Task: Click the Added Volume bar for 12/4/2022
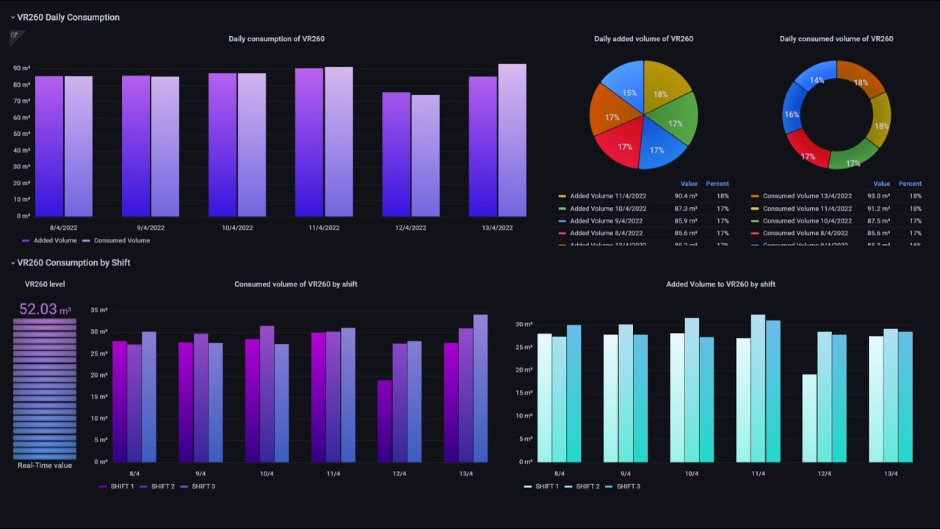[x=396, y=154]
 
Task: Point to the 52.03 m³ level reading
[x=45, y=309]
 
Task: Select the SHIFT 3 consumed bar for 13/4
[x=480, y=389]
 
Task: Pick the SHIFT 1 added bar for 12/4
[x=809, y=418]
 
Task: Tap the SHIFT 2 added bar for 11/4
[x=758, y=389]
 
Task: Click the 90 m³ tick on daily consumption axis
[x=21, y=68]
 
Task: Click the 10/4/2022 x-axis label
[x=237, y=228]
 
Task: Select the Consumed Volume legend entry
[x=121, y=240]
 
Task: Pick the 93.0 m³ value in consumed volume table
[x=878, y=196]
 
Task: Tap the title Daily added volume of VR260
[x=643, y=39]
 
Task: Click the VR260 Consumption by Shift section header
[x=73, y=262]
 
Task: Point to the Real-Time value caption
[x=45, y=466]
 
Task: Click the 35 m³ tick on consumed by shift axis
[x=99, y=310]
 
